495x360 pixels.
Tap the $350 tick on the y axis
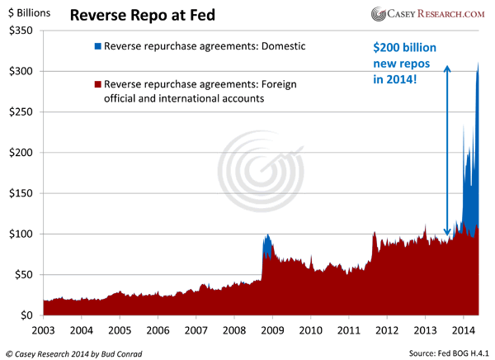coord(20,31)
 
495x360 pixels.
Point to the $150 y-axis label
coord(20,193)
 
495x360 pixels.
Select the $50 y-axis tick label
coord(23,274)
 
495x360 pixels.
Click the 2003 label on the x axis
coord(44,329)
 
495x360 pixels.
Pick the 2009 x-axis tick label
coord(271,329)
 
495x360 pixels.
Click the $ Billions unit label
coord(29,12)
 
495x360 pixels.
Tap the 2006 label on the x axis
coord(158,329)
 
